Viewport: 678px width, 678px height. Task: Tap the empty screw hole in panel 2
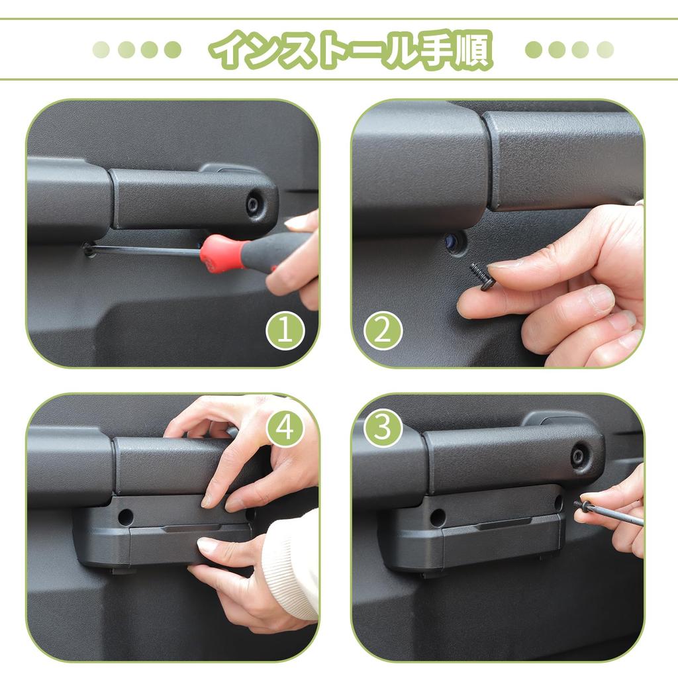(454, 242)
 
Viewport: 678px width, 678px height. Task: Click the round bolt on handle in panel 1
(253, 203)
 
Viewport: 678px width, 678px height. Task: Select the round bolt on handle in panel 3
(579, 456)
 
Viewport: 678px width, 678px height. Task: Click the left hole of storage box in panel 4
(125, 517)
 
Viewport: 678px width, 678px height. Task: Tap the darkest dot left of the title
(173, 50)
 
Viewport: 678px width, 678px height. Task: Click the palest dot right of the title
(605, 50)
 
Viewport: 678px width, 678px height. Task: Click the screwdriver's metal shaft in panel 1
(146, 250)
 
